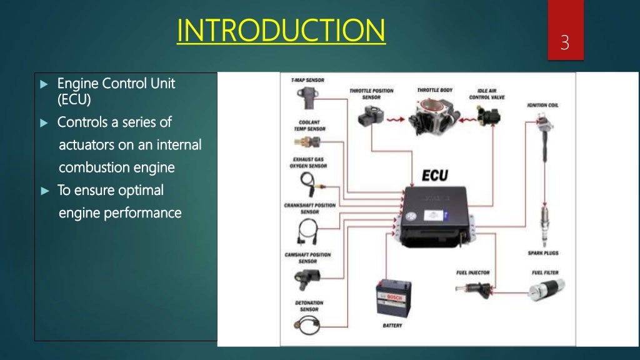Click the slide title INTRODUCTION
point(281,31)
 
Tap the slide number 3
point(565,43)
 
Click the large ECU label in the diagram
point(434,176)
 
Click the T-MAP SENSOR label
point(307,81)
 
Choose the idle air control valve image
point(487,116)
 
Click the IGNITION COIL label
point(542,106)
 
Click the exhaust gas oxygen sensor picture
point(308,184)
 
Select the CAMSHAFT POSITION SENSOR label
point(307,257)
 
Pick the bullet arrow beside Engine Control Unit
point(43,84)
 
